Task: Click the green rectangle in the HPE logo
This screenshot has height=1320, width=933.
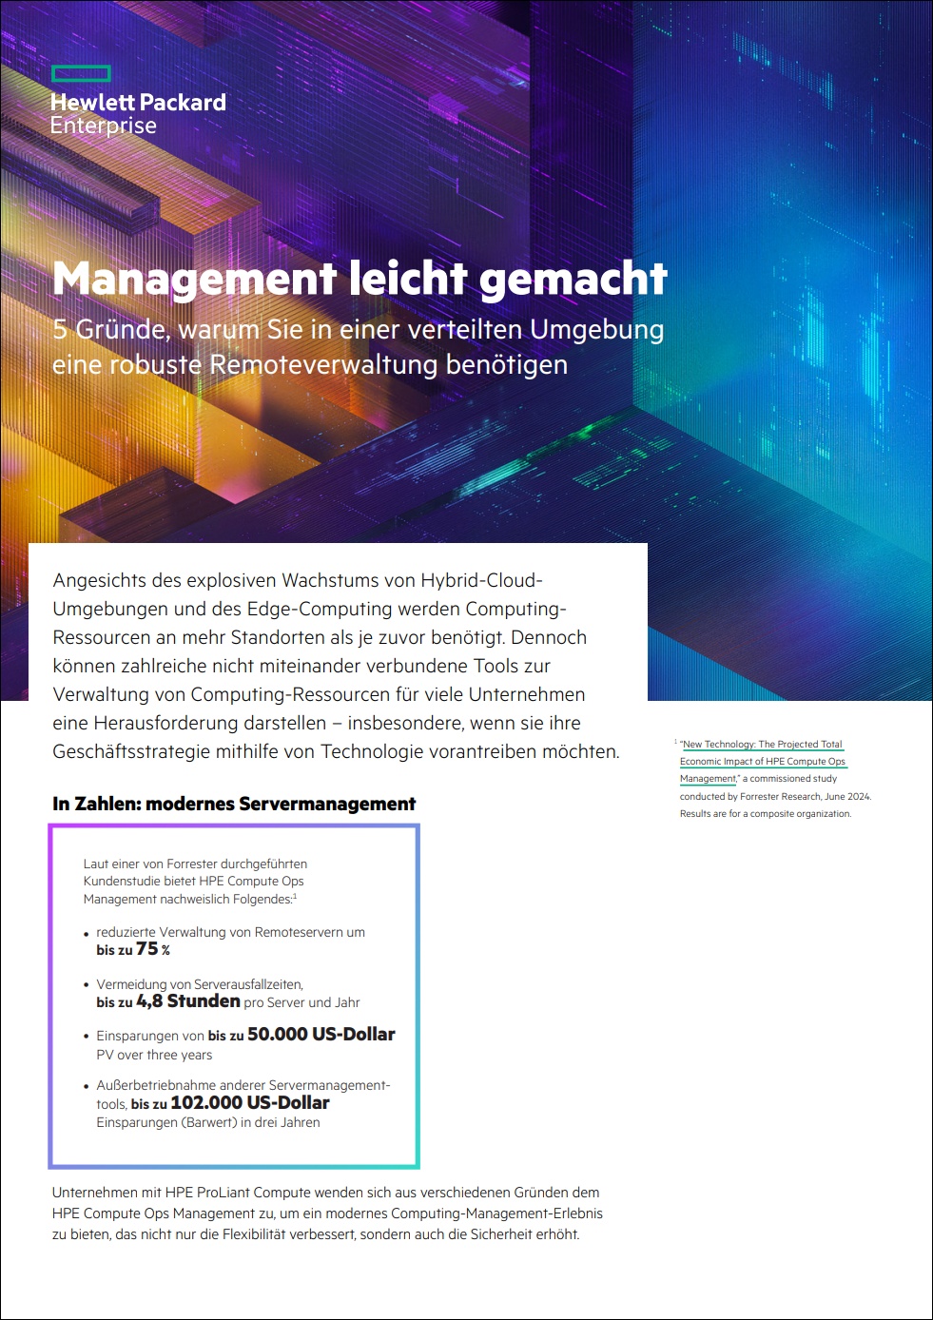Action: point(81,74)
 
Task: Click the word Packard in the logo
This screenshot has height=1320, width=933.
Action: point(183,103)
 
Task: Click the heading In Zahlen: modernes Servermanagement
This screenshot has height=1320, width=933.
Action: point(234,805)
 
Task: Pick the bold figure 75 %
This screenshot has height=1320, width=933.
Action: point(152,949)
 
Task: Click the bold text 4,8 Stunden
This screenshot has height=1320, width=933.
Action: point(187,1001)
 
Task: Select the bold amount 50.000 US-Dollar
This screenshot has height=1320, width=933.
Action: point(321,1035)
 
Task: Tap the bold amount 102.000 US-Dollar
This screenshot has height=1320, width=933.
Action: point(249,1103)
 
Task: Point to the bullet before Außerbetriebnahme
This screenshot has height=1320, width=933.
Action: point(87,1087)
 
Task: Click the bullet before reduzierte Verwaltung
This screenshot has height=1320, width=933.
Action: point(87,934)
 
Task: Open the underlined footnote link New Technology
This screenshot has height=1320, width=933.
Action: point(718,745)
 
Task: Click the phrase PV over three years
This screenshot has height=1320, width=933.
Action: point(154,1056)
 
